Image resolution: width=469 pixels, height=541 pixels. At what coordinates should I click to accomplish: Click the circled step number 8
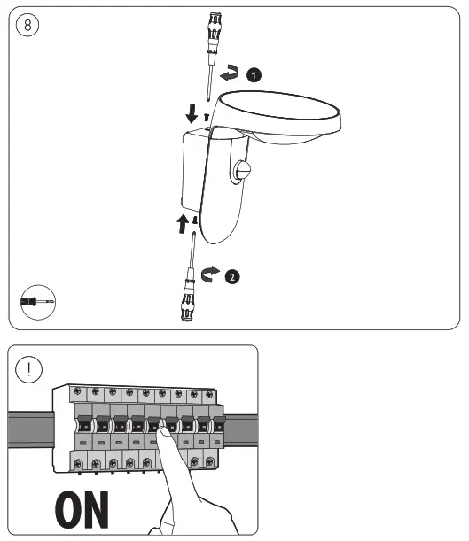(27, 25)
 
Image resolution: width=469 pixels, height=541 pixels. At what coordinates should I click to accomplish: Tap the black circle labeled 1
(254, 75)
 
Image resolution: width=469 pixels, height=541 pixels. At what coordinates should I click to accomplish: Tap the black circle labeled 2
(232, 277)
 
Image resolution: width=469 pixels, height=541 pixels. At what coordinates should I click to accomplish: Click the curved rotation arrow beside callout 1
(229, 73)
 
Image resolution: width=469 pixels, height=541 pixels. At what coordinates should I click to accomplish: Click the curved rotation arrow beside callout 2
(209, 274)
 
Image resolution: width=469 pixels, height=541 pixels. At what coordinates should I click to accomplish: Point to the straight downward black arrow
(192, 113)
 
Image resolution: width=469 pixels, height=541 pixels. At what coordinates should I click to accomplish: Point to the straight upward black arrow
(183, 224)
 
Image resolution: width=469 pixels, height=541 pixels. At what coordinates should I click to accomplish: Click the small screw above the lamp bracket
(207, 117)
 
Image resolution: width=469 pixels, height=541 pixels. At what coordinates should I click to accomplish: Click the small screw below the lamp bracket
(195, 220)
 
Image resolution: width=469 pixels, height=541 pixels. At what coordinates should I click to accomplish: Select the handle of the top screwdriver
(214, 26)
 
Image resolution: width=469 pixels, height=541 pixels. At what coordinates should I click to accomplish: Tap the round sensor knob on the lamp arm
(242, 171)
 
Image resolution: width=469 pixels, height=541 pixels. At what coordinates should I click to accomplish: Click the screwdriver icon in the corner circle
(37, 302)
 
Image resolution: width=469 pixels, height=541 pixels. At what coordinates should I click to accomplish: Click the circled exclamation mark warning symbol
(29, 369)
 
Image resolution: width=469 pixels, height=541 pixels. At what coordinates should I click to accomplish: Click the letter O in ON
(68, 510)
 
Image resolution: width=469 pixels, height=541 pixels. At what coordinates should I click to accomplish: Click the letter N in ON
(96, 510)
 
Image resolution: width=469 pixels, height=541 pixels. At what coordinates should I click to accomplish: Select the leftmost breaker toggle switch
(84, 424)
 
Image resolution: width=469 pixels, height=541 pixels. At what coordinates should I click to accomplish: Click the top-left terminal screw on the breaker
(78, 391)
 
